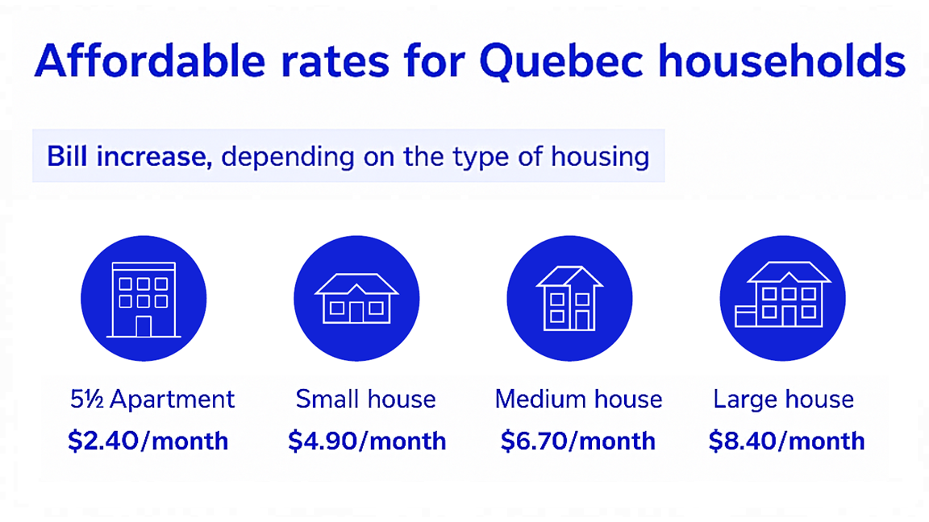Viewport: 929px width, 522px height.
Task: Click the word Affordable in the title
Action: [150, 60]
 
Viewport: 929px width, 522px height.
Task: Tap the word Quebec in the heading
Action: [561, 61]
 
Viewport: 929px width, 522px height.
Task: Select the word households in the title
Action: [782, 60]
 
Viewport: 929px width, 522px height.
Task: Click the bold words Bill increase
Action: [129, 157]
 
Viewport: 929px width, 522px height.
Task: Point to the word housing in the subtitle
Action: [600, 158]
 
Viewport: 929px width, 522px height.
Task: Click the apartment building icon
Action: [144, 299]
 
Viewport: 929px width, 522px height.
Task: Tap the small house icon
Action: [356, 299]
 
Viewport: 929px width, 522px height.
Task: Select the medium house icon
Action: [569, 299]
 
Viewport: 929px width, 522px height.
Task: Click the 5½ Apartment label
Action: [152, 400]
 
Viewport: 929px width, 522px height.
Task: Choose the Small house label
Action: [365, 400]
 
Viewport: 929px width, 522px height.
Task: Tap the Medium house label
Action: [578, 400]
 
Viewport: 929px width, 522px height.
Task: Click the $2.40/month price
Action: [148, 441]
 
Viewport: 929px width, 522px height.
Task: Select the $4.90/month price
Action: [367, 441]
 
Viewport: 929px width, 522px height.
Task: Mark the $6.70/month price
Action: [577, 441]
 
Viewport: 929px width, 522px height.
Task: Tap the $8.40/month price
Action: [787, 441]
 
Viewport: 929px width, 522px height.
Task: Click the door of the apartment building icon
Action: [144, 327]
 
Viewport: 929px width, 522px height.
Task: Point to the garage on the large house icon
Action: [746, 317]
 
